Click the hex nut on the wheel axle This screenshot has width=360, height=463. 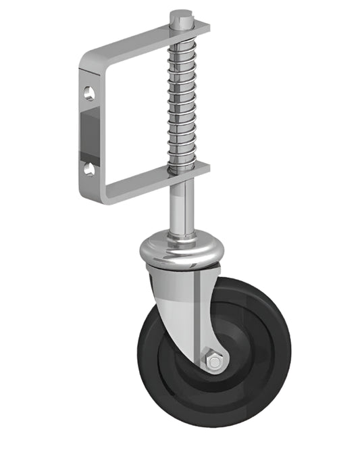pyautogui.click(x=214, y=362)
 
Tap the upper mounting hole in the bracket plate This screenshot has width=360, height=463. pyautogui.click(x=89, y=93)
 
